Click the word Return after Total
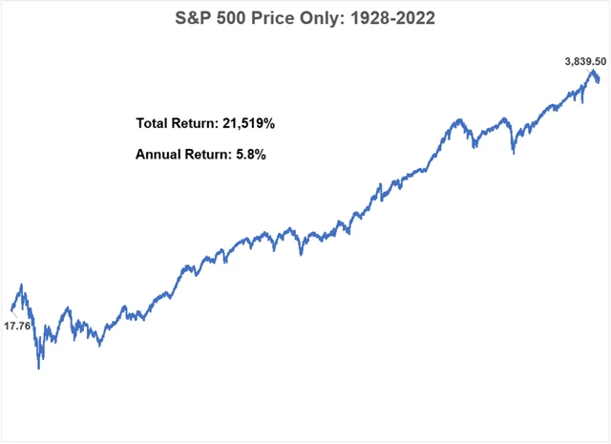point(198,123)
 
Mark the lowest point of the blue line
point(39,368)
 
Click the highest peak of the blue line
point(593,72)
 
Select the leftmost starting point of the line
point(11,309)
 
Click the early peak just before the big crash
point(22,285)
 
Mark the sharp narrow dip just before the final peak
point(581,100)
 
